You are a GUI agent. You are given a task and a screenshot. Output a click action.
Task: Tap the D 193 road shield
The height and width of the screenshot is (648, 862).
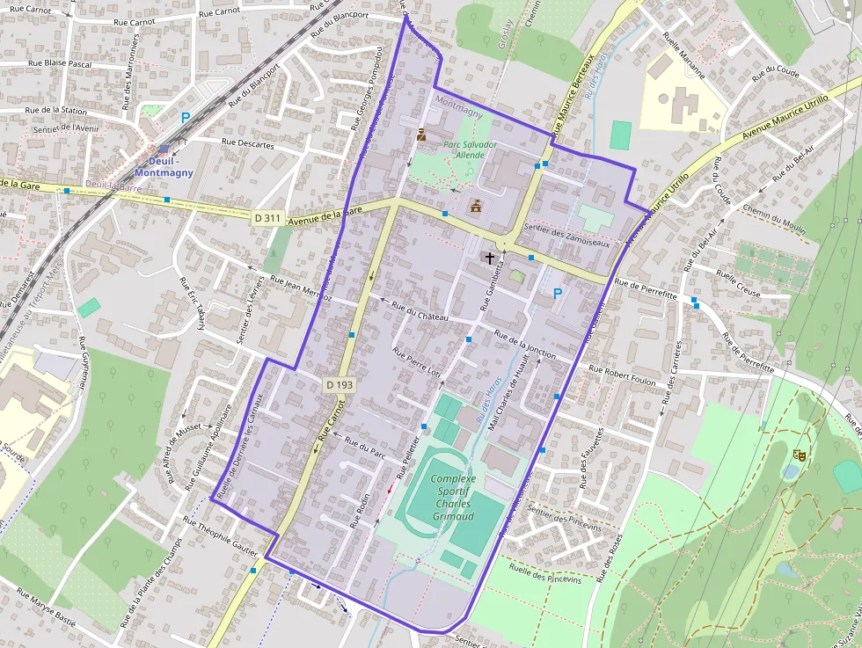tap(339, 384)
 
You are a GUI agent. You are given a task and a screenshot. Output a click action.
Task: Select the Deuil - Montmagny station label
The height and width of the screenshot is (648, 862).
tap(164, 167)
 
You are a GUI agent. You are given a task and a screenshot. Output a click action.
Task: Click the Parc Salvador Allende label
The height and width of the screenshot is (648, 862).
tap(470, 149)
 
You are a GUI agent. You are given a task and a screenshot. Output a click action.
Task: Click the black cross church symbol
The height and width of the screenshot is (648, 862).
tap(489, 258)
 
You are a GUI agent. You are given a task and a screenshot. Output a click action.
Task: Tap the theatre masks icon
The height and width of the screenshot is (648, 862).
tap(799, 455)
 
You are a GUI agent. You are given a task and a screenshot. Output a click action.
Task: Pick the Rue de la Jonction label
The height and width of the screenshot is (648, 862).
tap(525, 346)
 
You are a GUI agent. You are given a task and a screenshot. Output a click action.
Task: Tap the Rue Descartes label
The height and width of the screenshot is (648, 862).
tap(248, 142)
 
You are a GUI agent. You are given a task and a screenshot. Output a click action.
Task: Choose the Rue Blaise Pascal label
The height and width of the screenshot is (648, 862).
tap(60, 63)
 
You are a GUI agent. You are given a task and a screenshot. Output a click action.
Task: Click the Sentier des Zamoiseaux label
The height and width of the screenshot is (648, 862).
tap(566, 235)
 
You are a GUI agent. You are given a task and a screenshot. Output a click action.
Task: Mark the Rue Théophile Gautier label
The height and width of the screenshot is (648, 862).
tap(220, 536)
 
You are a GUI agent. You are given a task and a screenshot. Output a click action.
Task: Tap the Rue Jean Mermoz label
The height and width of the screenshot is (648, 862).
tap(301, 290)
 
